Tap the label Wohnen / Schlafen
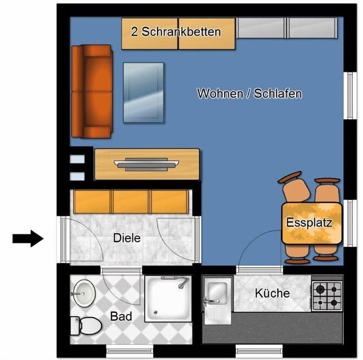(x=249, y=93)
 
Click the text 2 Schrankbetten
(x=176, y=32)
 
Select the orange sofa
(x=92, y=91)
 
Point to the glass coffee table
(x=143, y=92)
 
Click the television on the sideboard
(x=146, y=164)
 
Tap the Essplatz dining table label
(x=309, y=222)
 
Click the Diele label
(x=127, y=238)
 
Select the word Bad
(x=121, y=316)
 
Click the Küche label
(x=272, y=293)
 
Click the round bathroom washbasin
(x=83, y=292)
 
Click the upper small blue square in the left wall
(x=77, y=159)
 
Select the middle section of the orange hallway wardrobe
(x=131, y=202)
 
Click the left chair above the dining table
(x=293, y=188)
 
